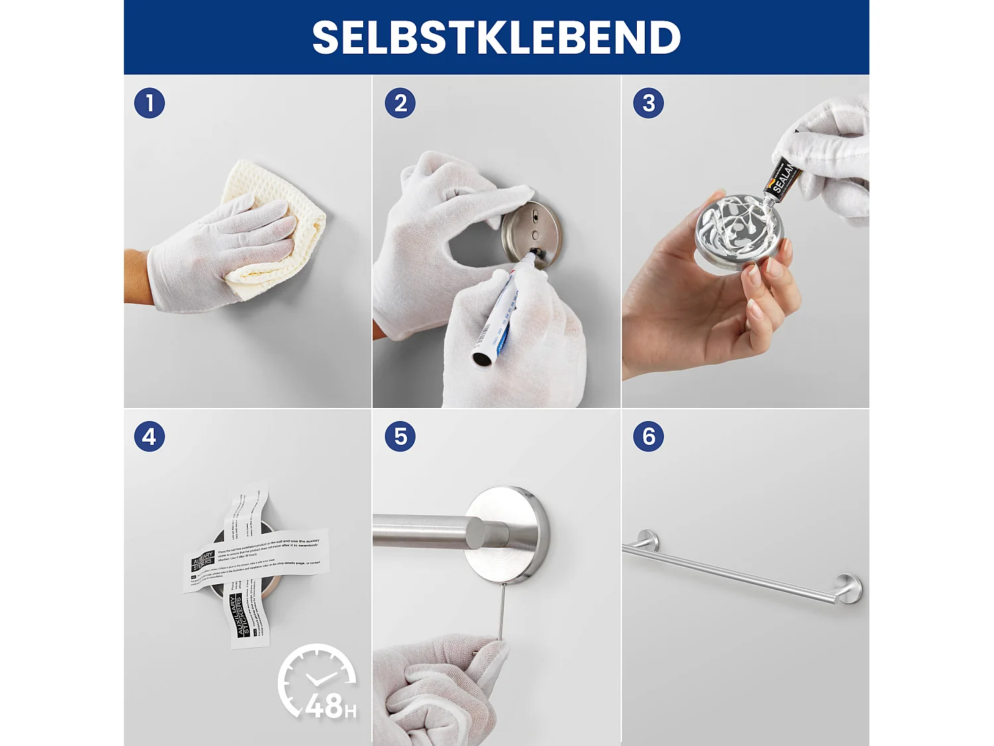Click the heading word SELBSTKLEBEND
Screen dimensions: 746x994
496,38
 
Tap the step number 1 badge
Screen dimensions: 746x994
149,103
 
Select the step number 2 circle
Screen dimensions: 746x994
400,103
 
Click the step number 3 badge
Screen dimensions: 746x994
648,103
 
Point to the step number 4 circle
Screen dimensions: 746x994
149,437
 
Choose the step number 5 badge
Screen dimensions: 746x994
400,437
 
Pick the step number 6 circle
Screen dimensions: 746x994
648,437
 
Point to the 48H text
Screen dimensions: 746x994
330,707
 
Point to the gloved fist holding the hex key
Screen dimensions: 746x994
437,690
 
